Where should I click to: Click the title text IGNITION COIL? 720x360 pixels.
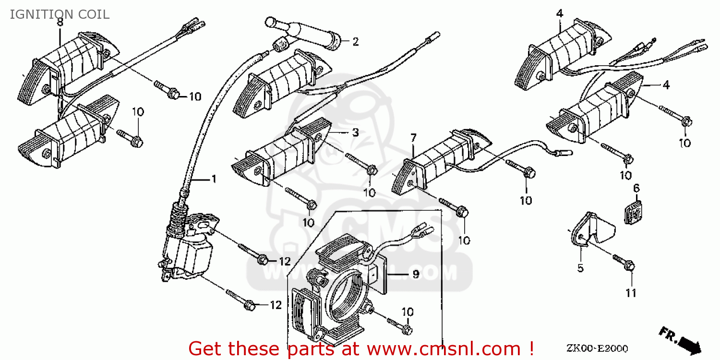pos(60,14)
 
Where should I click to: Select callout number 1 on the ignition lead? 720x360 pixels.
pos(214,179)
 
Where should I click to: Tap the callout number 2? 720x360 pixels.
pos(355,42)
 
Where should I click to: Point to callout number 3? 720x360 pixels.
pos(355,132)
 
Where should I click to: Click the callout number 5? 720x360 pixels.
pos(580,268)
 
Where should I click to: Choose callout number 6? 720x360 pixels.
pos(636,188)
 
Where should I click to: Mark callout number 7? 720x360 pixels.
pos(413,139)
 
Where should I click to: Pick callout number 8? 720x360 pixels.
pos(60,22)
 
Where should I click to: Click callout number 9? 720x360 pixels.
pos(416,274)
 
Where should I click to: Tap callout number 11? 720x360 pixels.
pos(631,292)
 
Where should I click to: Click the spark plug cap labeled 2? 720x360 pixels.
pos(307,34)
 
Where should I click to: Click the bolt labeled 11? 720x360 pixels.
pos(624,262)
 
